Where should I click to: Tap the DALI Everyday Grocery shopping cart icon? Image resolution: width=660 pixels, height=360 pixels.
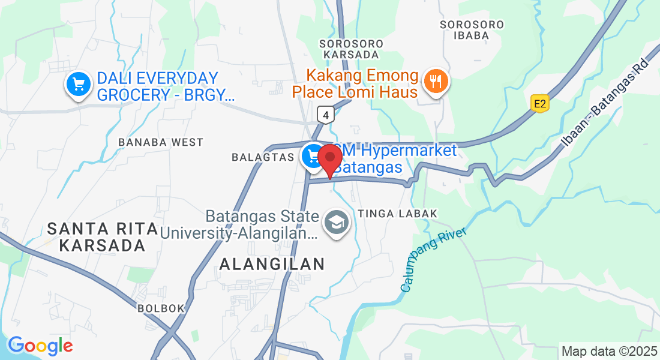pos(78,85)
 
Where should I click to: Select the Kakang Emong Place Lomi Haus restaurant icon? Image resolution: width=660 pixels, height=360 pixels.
pos(436,82)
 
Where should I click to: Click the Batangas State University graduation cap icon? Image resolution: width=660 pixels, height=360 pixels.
pos(337,223)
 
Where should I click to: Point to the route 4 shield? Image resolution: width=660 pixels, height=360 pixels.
pos(326,114)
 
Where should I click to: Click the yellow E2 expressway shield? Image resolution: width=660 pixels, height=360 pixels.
pos(541,104)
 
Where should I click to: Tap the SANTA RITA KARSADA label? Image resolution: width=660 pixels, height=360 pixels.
pos(103,237)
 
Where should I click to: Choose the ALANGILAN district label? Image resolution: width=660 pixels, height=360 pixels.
pos(272,263)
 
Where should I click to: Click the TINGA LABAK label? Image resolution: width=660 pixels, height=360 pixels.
pos(398,214)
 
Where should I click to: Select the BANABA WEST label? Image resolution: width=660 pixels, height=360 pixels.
pos(161,142)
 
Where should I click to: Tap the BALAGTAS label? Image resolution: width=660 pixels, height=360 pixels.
pos(262,157)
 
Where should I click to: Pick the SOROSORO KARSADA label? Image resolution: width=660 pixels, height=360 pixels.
pos(349,49)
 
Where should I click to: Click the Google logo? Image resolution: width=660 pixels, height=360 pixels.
pos(40,345)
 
